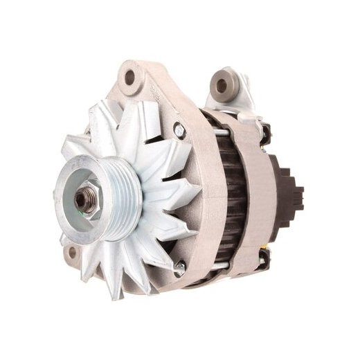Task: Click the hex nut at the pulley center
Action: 85,200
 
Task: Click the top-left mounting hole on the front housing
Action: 129,78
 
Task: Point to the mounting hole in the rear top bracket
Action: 222,85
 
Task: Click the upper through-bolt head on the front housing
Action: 179,128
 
